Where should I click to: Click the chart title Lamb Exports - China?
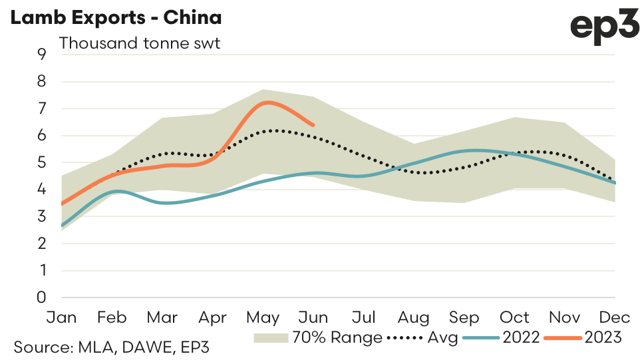tap(116, 18)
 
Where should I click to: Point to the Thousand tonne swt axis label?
tap(140, 44)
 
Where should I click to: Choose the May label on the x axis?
tap(263, 317)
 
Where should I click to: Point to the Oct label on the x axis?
tap(515, 317)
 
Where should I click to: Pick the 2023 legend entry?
tap(603, 338)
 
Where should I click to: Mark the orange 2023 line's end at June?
tap(313, 124)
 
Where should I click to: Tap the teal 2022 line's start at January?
tap(62, 226)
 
